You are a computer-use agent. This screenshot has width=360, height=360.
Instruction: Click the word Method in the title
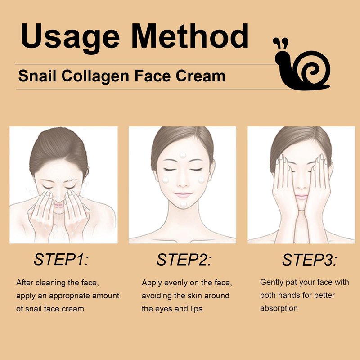click(190, 36)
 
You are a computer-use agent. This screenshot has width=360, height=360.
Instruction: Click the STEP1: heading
click(61, 260)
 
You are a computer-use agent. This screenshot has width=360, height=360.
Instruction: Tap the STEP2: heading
click(184, 260)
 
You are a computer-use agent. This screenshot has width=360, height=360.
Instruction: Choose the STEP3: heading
click(310, 260)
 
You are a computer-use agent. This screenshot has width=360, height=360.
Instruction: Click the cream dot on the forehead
click(183, 155)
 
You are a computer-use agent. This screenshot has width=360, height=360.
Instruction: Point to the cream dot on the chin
click(184, 204)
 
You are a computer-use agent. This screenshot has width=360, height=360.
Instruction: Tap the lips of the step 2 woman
click(183, 195)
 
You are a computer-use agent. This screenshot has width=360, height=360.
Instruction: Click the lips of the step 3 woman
click(301, 197)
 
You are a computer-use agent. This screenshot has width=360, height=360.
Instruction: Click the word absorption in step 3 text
click(279, 308)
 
